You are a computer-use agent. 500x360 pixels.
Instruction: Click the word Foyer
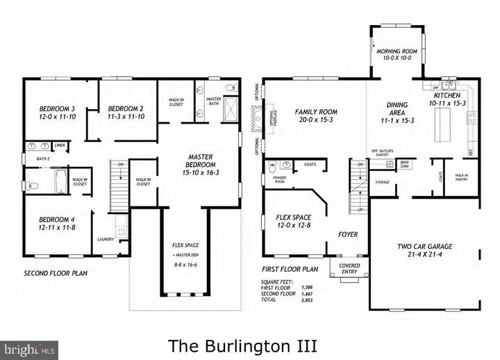(x=348, y=234)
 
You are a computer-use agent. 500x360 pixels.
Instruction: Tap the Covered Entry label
(x=349, y=268)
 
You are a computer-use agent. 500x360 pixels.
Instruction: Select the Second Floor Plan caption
(x=56, y=273)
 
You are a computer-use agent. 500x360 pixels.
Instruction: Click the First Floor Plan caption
(x=290, y=268)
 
